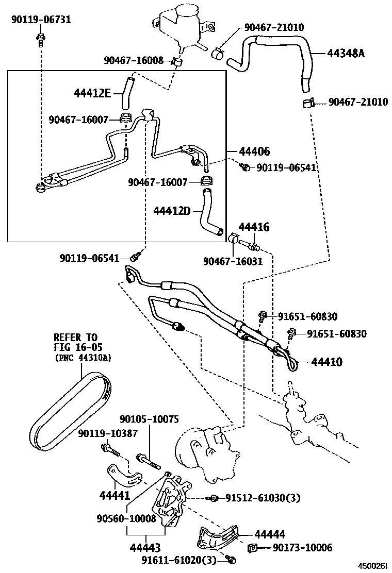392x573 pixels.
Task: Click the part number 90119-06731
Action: point(41,20)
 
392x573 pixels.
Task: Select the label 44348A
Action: point(345,52)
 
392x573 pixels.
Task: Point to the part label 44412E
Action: point(92,93)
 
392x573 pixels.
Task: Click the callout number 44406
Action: point(254,151)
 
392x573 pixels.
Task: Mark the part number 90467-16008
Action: point(133,61)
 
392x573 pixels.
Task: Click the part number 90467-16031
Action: point(232,261)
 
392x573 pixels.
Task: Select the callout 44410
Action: point(327,362)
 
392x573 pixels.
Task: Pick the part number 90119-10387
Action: point(108,433)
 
